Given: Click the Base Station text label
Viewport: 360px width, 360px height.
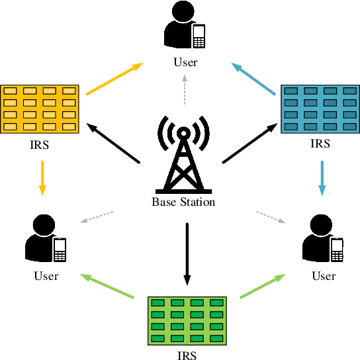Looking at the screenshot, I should click(x=183, y=202).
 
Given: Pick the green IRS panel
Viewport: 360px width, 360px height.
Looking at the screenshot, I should click(x=187, y=321).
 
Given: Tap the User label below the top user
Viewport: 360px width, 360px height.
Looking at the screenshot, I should click(x=185, y=63).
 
